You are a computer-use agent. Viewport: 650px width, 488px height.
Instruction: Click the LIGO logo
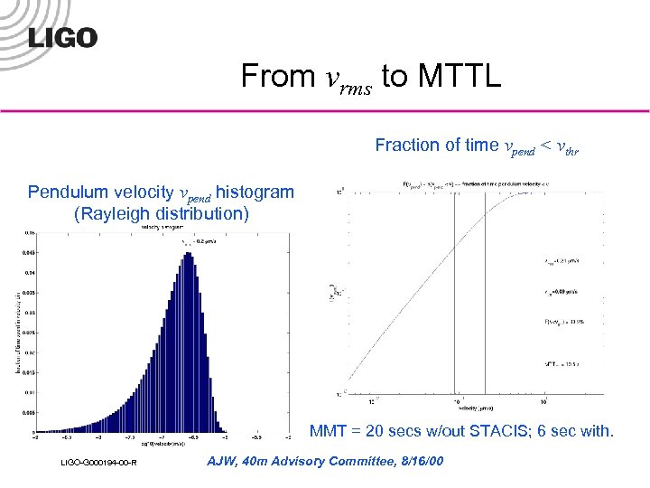pos(62,37)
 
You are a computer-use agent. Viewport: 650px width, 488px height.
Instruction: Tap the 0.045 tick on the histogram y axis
pos(31,254)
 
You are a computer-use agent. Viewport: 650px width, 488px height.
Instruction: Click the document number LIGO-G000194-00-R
pos(97,463)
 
